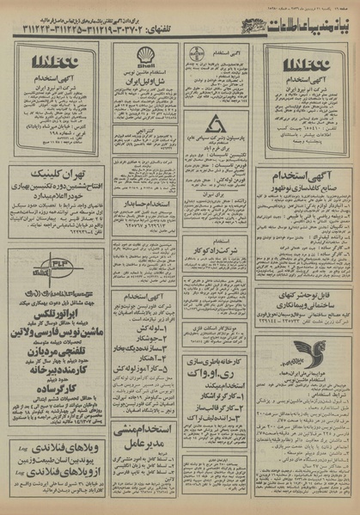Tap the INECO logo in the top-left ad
pyautogui.click(x=56, y=62)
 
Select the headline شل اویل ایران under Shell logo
pyautogui.click(x=146, y=83)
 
